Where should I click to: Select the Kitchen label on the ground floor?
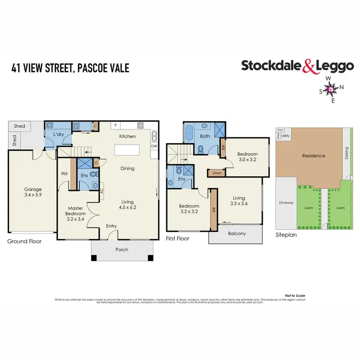click(x=127, y=136)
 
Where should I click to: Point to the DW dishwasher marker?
click(x=154, y=146)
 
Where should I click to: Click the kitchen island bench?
click(x=128, y=152)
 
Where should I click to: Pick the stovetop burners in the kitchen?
click(x=141, y=126)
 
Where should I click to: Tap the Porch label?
click(x=122, y=249)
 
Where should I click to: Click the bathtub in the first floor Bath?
click(x=188, y=131)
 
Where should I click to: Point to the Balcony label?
click(x=236, y=234)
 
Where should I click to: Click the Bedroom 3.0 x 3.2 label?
click(x=247, y=157)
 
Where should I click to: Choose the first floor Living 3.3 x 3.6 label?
click(x=239, y=201)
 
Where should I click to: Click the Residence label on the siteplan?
click(x=313, y=156)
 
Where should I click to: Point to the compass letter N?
click(x=342, y=87)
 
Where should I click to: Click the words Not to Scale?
click(x=293, y=295)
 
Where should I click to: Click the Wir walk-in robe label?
click(x=63, y=173)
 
